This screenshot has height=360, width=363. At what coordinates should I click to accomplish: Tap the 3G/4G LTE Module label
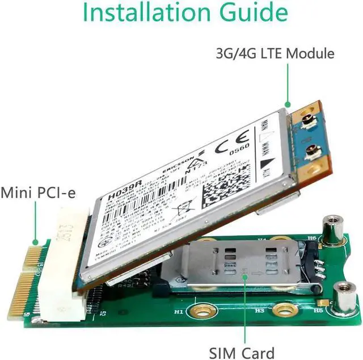[x=275, y=54]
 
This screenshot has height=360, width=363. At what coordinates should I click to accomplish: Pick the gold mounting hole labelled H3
[x=282, y=310]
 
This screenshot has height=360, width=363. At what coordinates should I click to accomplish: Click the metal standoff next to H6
[x=330, y=232]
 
